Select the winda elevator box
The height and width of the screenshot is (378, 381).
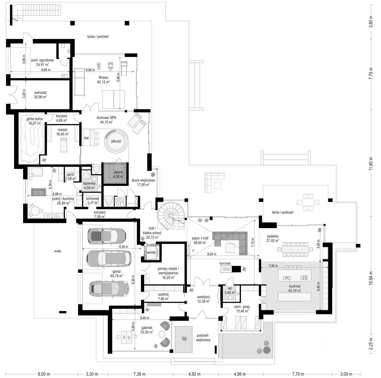pos(151,253)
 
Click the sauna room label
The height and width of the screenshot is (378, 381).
pos(119,172)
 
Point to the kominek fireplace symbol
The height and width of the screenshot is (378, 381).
pos(231,269)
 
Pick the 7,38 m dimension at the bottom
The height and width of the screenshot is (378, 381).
pos(140,374)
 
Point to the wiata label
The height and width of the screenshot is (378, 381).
pos(58,251)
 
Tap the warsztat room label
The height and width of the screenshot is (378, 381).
pos(40,93)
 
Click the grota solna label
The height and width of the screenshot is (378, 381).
pos(35,119)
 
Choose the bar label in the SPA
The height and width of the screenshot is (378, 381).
pos(86,138)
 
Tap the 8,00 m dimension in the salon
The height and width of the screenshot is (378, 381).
pos(211,254)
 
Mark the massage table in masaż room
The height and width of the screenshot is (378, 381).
pos(63,145)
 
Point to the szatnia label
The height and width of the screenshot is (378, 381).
pos(163,294)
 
